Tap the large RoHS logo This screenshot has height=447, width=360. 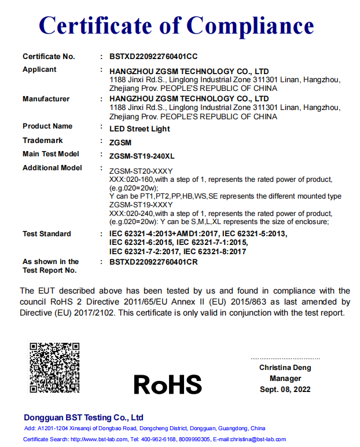[168, 384]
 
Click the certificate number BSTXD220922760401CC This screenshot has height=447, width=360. [153, 57]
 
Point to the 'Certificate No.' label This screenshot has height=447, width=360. [49, 57]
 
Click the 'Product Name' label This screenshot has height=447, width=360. [47, 126]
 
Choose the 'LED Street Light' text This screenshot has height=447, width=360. [139, 129]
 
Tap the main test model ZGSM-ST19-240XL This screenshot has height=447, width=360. [142, 155]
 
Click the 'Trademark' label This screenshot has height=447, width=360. [42, 141]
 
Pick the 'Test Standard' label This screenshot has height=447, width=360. [47, 234]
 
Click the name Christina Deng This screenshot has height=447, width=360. [285, 368]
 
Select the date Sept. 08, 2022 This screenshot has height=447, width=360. [285, 389]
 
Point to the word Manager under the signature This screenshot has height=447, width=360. [285, 379]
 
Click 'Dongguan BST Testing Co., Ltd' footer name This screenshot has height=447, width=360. [83, 417]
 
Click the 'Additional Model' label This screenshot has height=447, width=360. [52, 168]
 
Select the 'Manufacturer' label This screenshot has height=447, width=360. [46, 99]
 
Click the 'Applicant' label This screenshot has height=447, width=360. [39, 69]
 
